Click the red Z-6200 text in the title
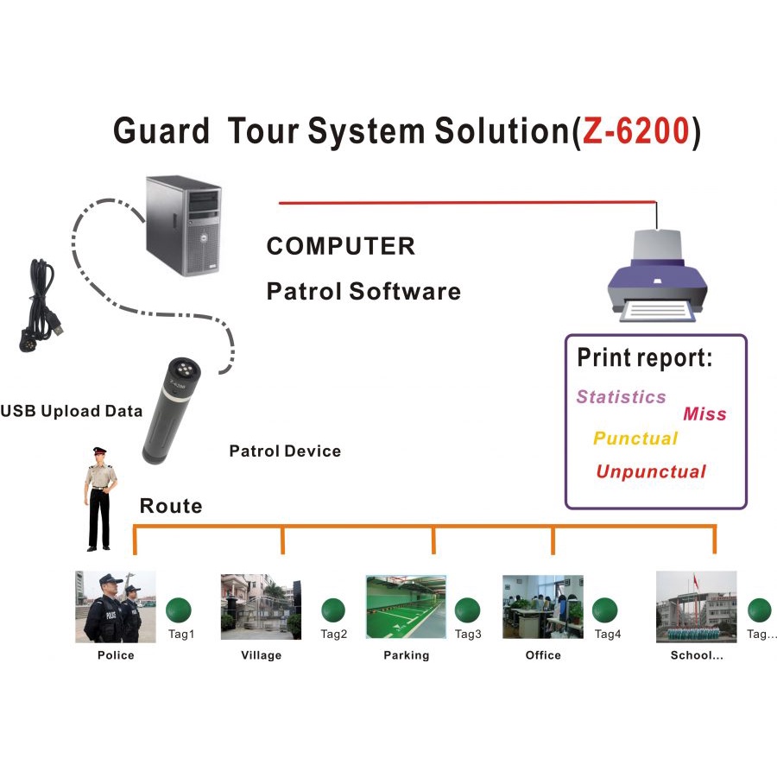pyautogui.click(x=635, y=130)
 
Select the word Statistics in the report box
pyautogui.click(x=621, y=397)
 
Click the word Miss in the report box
pyautogui.click(x=704, y=414)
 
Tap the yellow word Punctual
pyautogui.click(x=635, y=439)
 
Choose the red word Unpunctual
pyautogui.click(x=651, y=472)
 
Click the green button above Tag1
pyautogui.click(x=180, y=610)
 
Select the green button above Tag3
pyautogui.click(x=467, y=610)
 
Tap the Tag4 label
pyautogui.click(x=608, y=635)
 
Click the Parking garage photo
pyautogui.click(x=406, y=608)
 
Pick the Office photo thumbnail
pyautogui.click(x=542, y=608)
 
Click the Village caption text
pyautogui.click(x=261, y=655)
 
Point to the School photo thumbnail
pyautogui.click(x=696, y=607)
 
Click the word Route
pyautogui.click(x=171, y=506)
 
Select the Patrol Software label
pyautogui.click(x=363, y=291)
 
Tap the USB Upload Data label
pyautogui.click(x=71, y=411)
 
